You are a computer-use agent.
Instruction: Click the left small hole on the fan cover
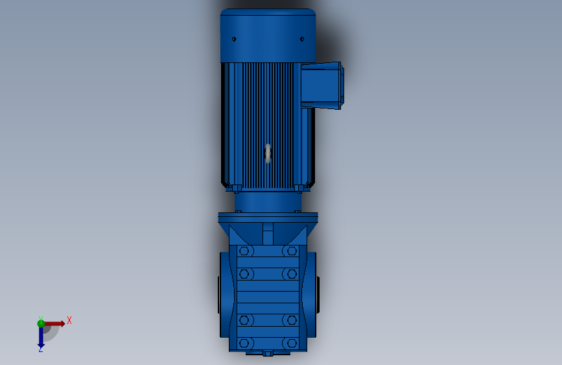point(234,39)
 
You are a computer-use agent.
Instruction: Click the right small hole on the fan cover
point(302,39)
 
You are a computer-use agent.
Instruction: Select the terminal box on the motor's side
point(322,85)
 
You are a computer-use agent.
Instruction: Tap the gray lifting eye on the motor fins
point(268,153)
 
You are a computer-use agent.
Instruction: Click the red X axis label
point(69,320)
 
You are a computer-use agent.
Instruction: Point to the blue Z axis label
point(40,349)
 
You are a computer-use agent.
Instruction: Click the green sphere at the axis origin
point(41,323)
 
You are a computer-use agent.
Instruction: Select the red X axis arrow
point(54,323)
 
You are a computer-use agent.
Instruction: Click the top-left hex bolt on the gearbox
point(244,251)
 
